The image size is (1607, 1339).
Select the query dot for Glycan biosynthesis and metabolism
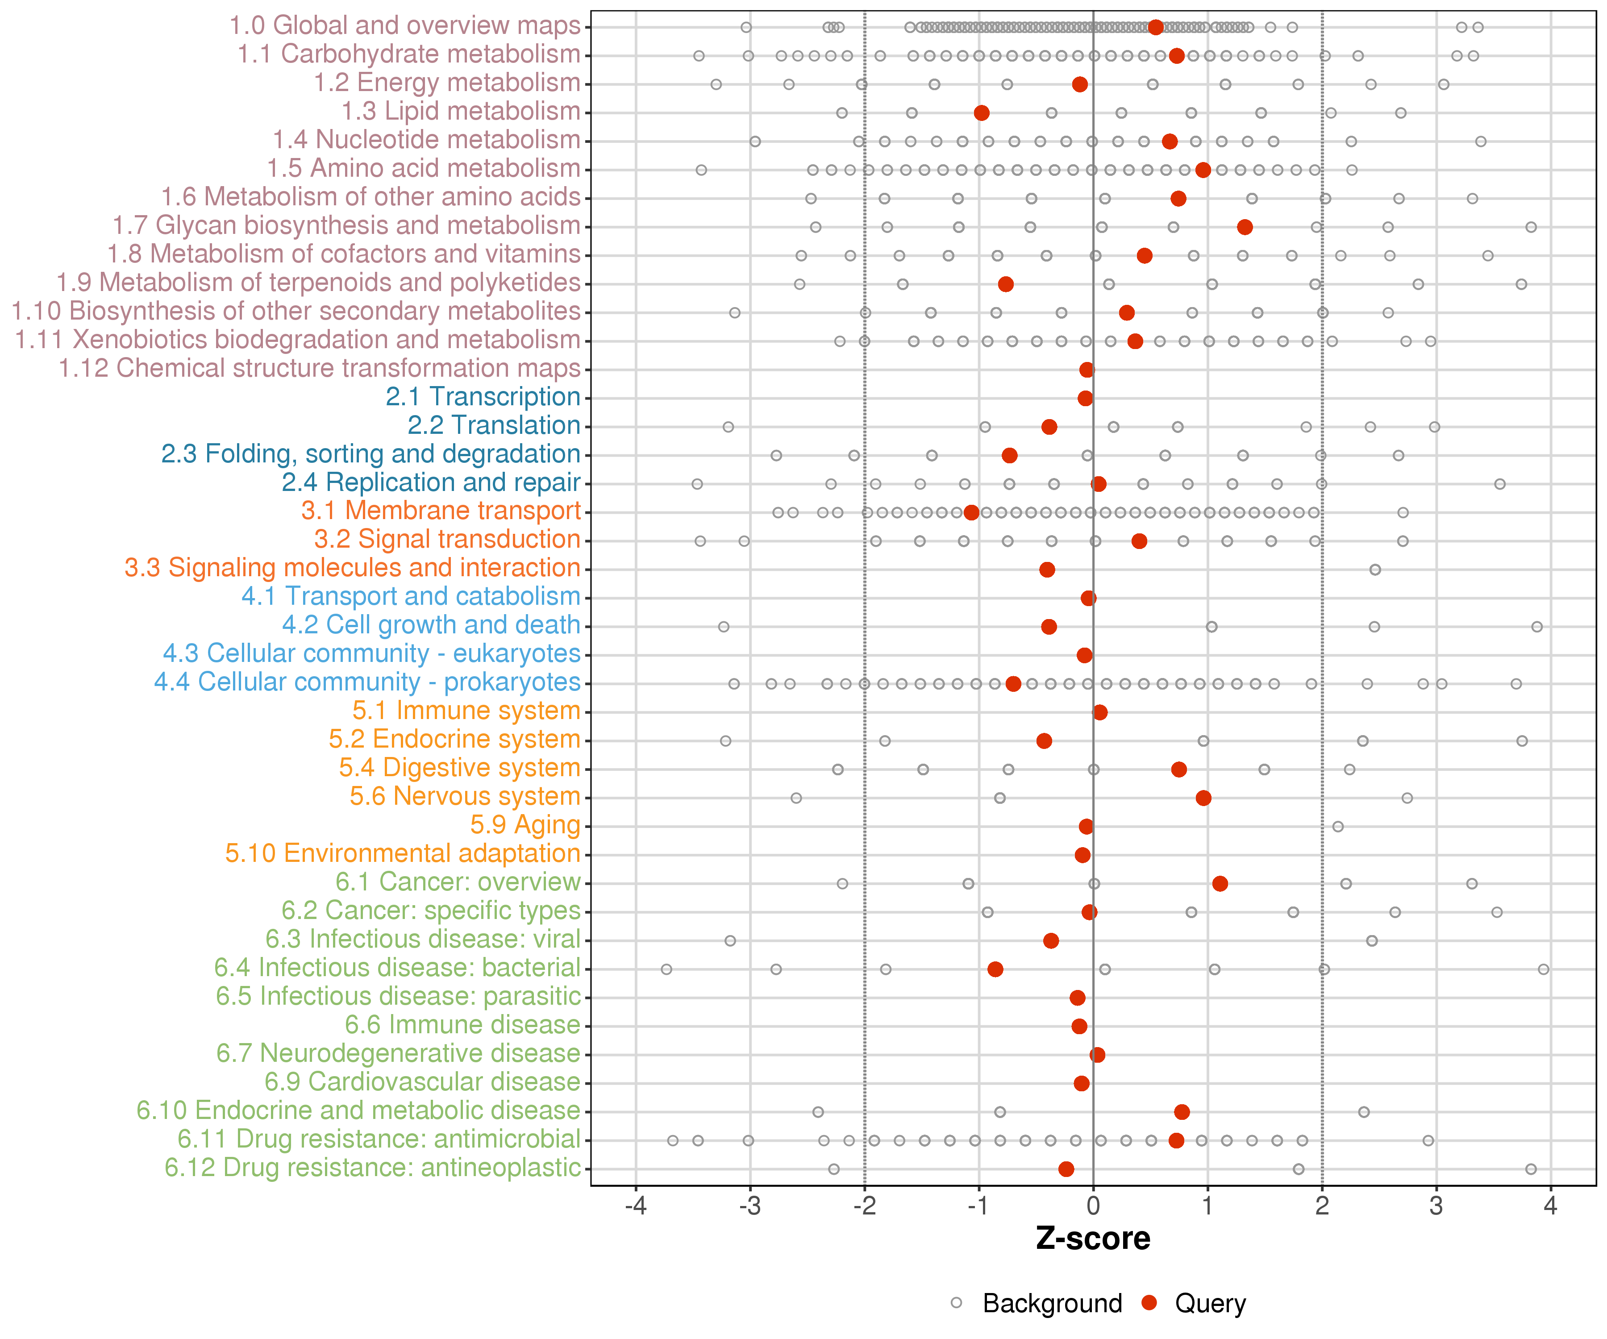click(1245, 227)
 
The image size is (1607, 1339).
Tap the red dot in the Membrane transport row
click(971, 513)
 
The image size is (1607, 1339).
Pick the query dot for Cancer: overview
click(1220, 884)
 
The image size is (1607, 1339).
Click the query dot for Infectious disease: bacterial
click(995, 969)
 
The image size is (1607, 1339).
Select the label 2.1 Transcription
click(483, 397)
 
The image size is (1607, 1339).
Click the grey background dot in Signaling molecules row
click(1375, 570)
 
